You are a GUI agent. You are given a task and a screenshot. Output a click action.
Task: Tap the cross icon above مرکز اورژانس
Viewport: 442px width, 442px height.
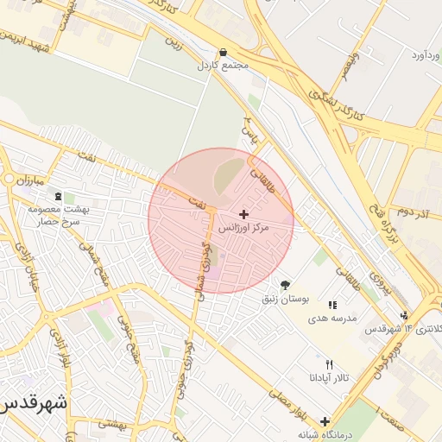(x=243, y=213)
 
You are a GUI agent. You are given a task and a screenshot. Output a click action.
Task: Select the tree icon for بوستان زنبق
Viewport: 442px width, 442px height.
(x=285, y=285)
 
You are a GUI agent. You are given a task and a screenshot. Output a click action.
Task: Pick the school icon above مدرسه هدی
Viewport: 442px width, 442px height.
(x=332, y=305)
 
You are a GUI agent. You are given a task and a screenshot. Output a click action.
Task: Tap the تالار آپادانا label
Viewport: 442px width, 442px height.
(x=329, y=378)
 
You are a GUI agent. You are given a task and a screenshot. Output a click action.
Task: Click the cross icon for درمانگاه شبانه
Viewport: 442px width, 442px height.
(x=325, y=421)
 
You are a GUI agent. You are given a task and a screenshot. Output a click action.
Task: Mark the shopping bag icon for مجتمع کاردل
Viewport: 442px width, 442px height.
(x=224, y=52)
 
